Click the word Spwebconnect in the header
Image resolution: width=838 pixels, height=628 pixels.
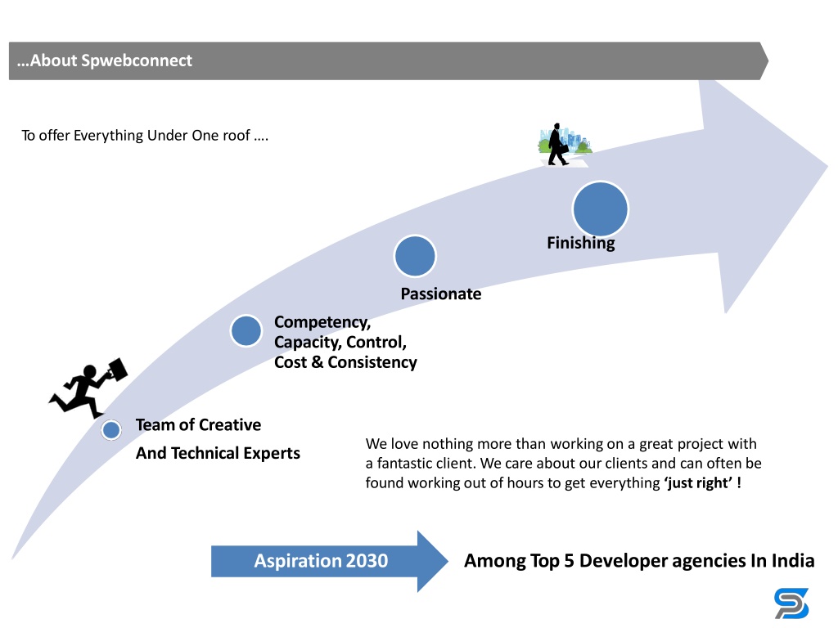[137, 61]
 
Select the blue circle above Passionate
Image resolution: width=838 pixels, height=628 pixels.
[415, 256]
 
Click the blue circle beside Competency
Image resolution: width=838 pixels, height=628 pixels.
[246, 330]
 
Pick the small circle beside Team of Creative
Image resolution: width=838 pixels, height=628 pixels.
[111, 430]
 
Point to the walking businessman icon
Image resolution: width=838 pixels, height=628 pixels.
[558, 145]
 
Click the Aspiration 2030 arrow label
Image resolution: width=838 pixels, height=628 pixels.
[321, 561]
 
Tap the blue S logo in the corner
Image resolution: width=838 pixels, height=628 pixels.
[791, 603]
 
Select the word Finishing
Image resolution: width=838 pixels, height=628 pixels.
[581, 243]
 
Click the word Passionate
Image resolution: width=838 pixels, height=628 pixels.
[441, 294]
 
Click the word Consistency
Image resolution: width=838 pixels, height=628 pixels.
[372, 362]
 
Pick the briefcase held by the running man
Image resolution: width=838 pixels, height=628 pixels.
[114, 370]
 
